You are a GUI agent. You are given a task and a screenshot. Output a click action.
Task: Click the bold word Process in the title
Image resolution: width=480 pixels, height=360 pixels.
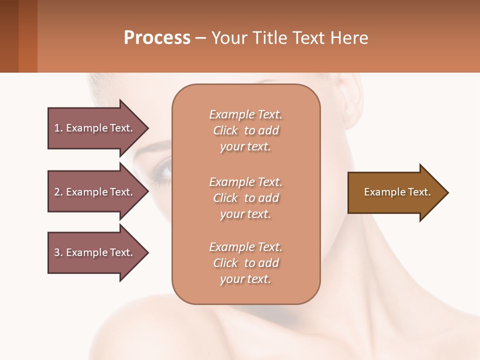(157, 38)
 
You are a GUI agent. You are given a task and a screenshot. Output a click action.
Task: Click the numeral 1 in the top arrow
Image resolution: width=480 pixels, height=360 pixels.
(57, 128)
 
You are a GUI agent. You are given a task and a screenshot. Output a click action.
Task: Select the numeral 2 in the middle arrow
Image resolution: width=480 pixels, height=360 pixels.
(57, 192)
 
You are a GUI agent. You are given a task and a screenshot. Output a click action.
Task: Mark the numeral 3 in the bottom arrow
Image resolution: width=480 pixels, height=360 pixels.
(57, 252)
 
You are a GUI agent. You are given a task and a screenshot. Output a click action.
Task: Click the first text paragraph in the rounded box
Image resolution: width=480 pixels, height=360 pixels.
(245, 130)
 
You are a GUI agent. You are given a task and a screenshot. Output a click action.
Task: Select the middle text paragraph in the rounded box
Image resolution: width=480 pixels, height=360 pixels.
(245, 198)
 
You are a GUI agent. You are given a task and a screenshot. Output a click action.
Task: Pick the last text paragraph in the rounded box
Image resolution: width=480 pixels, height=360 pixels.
(245, 263)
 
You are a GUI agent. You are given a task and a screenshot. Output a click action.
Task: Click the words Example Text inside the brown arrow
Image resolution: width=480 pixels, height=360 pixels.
(397, 192)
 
